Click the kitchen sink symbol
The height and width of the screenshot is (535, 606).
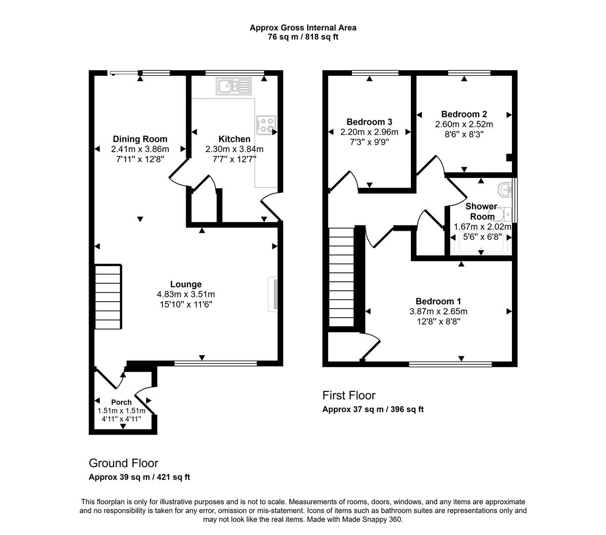[233, 86]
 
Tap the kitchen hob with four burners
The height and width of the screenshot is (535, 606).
[266, 125]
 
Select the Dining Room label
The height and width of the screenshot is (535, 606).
[140, 139]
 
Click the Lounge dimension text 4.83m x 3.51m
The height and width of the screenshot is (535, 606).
[186, 294]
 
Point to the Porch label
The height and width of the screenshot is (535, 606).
[121, 402]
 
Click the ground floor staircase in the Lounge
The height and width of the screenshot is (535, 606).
[108, 297]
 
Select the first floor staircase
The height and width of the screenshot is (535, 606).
[342, 277]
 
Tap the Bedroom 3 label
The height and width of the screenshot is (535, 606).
[369, 122]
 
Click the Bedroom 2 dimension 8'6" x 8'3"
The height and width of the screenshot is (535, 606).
[464, 134]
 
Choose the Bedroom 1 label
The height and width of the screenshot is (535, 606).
[438, 301]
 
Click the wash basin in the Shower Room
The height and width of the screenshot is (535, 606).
[505, 189]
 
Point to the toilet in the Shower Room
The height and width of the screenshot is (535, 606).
[505, 214]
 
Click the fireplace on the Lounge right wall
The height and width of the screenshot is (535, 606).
[273, 294]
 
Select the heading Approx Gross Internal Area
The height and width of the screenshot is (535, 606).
[303, 28]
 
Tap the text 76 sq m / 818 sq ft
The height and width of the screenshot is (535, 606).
[303, 37]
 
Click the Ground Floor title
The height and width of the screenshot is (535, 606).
[123, 463]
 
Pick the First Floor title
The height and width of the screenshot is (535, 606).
[349, 395]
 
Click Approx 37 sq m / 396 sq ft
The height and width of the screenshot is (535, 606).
[373, 409]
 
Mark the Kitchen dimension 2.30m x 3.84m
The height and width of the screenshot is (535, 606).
[234, 149]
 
